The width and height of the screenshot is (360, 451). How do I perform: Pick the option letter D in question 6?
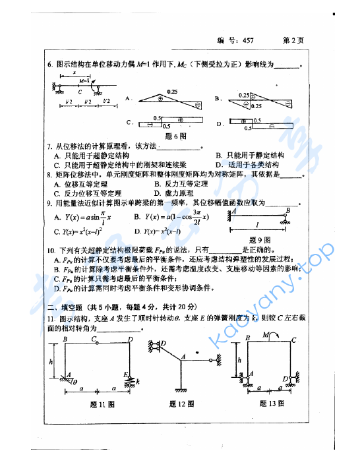pyautogui.click(x=220, y=123)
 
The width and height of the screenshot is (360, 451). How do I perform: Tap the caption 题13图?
pyautogui.click(x=271, y=404)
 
